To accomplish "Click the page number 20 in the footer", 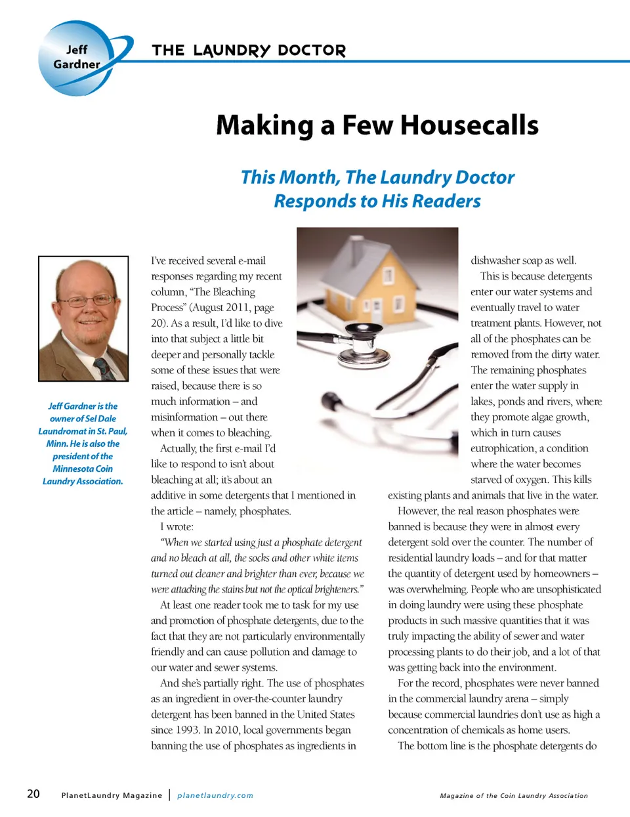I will [x=33, y=794].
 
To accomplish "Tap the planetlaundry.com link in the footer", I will [x=215, y=795].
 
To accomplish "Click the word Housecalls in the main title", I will [x=469, y=125].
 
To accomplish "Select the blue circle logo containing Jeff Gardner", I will [x=77, y=58].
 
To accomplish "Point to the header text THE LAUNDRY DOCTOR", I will [x=249, y=51].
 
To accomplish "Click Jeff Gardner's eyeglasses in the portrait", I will [x=85, y=301].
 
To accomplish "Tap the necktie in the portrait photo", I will [x=103, y=369].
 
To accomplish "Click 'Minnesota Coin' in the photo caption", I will [x=83, y=469].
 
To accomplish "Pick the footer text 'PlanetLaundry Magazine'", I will [x=112, y=795].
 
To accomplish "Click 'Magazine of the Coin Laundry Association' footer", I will [x=514, y=795].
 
